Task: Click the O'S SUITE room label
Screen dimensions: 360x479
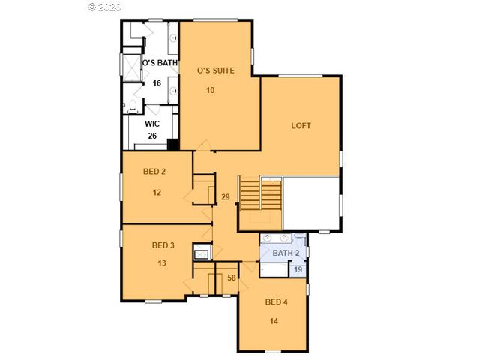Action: point(216,70)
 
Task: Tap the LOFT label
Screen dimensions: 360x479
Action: point(301,126)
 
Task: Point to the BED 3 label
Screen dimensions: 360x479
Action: point(163,245)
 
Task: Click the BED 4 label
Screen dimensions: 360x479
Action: point(276,302)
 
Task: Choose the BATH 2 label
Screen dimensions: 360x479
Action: point(285,253)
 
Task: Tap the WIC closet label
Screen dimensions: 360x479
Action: point(151,123)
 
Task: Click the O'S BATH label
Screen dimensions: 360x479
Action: point(160,63)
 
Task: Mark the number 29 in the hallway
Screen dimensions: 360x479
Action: point(225,197)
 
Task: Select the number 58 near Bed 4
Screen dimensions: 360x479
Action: point(232,278)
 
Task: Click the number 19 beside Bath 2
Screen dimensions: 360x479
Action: point(298,269)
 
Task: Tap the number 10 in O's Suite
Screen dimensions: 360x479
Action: point(211,90)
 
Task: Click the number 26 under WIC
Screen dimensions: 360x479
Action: point(152,136)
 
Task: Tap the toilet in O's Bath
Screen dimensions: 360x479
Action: point(131,106)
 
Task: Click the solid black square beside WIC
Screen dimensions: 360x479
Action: point(172,145)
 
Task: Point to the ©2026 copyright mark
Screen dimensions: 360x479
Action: point(106,7)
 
